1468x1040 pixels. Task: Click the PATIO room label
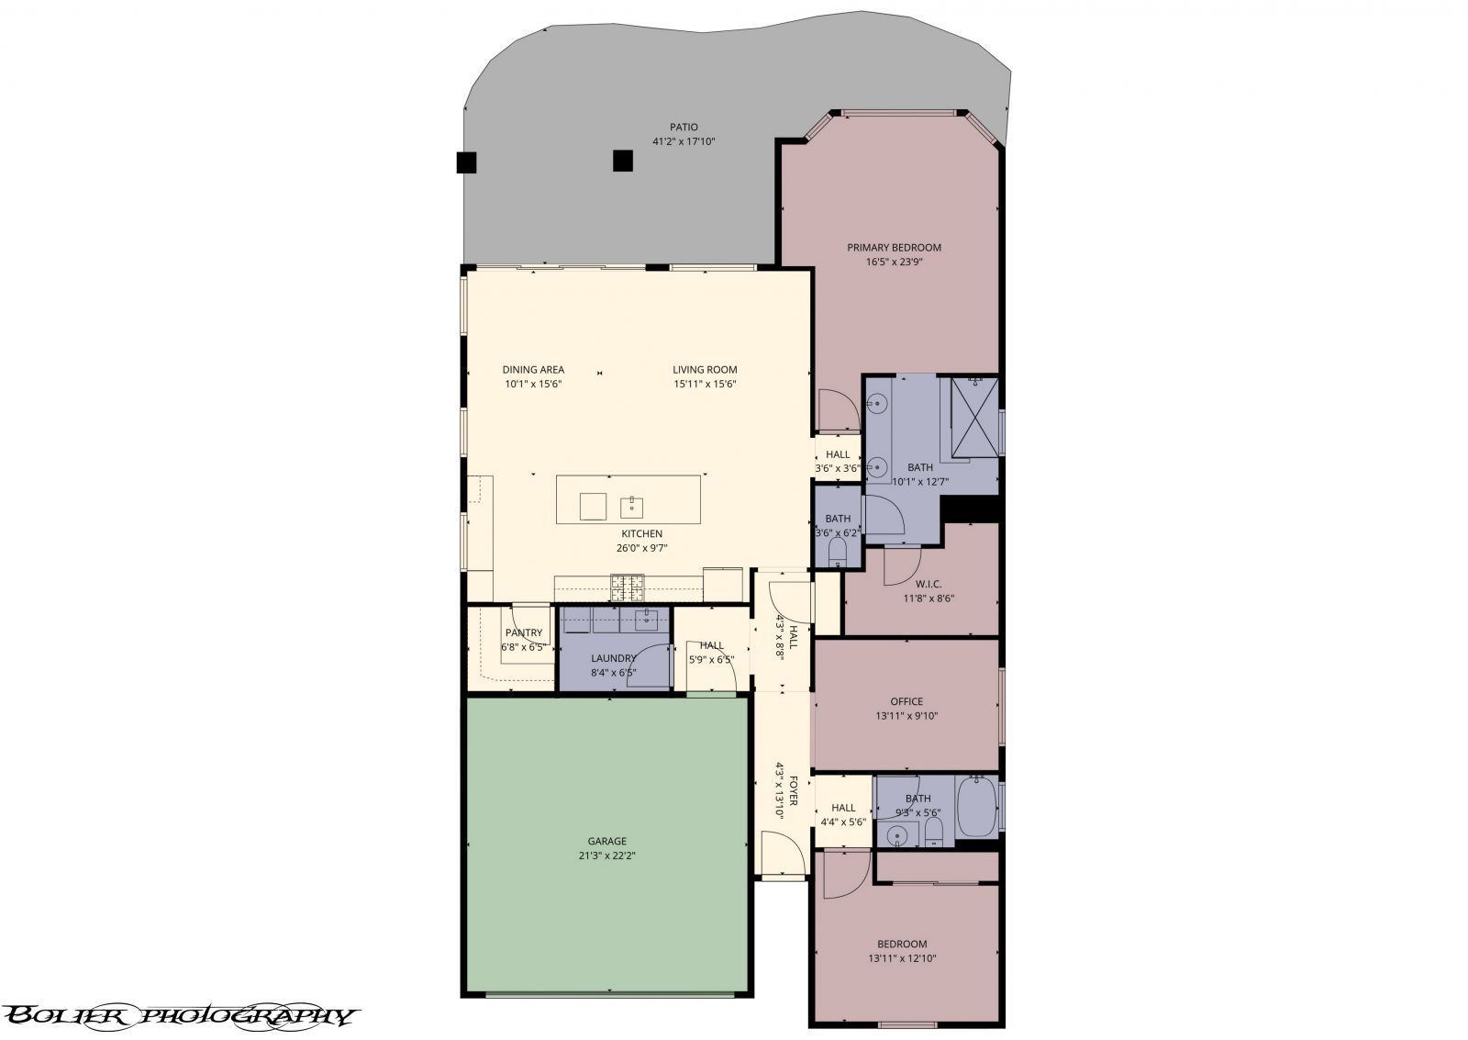pos(683,128)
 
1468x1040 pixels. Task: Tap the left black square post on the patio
pos(466,162)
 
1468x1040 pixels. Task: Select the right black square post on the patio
pos(623,161)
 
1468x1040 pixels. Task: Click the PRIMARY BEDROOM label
pos(894,247)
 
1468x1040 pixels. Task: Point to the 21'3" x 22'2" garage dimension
pos(606,855)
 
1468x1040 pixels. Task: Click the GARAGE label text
pos(606,841)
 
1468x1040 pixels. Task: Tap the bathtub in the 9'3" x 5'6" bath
pos(976,807)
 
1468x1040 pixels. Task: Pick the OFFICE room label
pos(906,701)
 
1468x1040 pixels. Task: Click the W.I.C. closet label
pos(929,584)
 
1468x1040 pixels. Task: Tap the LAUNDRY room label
pos(614,658)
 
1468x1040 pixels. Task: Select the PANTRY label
pos(524,632)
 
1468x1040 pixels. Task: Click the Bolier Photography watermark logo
pos(179,1015)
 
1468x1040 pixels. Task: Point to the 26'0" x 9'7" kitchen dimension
pos(641,548)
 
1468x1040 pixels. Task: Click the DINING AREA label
pos(533,370)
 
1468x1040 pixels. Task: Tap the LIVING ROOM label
pos(705,370)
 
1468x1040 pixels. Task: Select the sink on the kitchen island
pos(632,506)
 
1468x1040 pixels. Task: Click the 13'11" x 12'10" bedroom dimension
pos(902,958)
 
